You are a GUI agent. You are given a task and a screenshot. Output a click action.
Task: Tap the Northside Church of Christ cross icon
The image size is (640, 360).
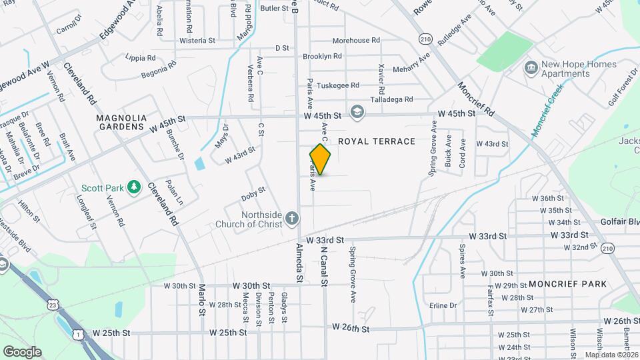tap(291, 219)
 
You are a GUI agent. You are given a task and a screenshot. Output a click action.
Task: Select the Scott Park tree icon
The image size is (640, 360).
tap(134, 187)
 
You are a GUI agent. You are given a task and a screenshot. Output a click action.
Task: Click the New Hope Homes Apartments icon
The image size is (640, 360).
tap(531, 67)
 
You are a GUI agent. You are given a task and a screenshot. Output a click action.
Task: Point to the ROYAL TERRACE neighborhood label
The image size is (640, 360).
tap(377, 141)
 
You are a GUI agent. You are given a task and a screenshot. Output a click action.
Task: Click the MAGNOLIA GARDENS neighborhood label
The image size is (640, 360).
tap(120, 122)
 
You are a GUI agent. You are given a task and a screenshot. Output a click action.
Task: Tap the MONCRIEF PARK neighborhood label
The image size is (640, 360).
tap(567, 284)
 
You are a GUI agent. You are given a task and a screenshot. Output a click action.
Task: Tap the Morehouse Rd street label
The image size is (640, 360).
tap(355, 41)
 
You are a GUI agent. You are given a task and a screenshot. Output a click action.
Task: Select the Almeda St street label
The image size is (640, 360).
tap(299, 263)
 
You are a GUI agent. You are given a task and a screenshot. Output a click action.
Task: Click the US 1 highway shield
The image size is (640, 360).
tap(79, 335)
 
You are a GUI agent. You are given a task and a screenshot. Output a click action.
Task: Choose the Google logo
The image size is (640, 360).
tap(22, 351)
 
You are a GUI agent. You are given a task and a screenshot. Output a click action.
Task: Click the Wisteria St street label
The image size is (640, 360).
tap(197, 41)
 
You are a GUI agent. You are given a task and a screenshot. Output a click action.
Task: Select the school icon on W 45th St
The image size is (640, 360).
tap(357, 112)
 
